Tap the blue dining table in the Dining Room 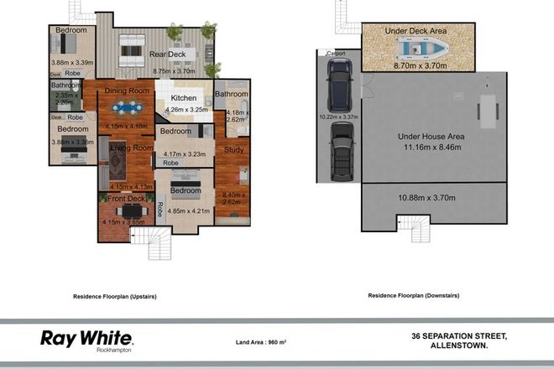click(x=126, y=107)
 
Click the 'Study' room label click(x=232, y=150)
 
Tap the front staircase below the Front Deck click(x=159, y=246)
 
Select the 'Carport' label click(x=337, y=53)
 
